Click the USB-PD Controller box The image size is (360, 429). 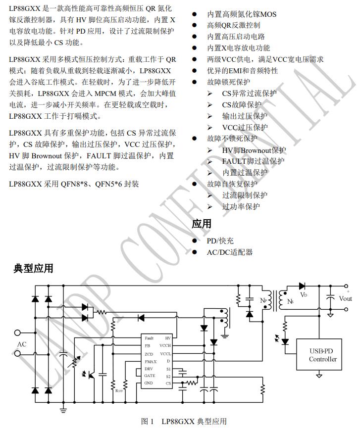pos(323,355)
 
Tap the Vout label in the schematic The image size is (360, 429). pos(346,298)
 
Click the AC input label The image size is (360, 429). pos(22,344)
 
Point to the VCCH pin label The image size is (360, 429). pos(165,345)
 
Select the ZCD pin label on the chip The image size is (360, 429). pos(149,354)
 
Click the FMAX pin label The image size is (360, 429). pos(151,361)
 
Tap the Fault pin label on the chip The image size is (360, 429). pos(150,338)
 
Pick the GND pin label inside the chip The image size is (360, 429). pos(149,383)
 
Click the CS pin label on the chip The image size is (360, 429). pos(168,383)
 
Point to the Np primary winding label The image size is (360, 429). pos(263,300)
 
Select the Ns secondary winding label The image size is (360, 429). pos(291,300)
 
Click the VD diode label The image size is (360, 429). pos(304,295)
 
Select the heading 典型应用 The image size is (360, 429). pos(33,269)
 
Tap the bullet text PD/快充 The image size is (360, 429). pos(220,240)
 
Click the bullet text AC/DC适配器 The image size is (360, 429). pos(230,252)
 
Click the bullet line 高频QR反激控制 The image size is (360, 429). pos(234,25)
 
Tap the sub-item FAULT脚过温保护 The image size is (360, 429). pos(253,161)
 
